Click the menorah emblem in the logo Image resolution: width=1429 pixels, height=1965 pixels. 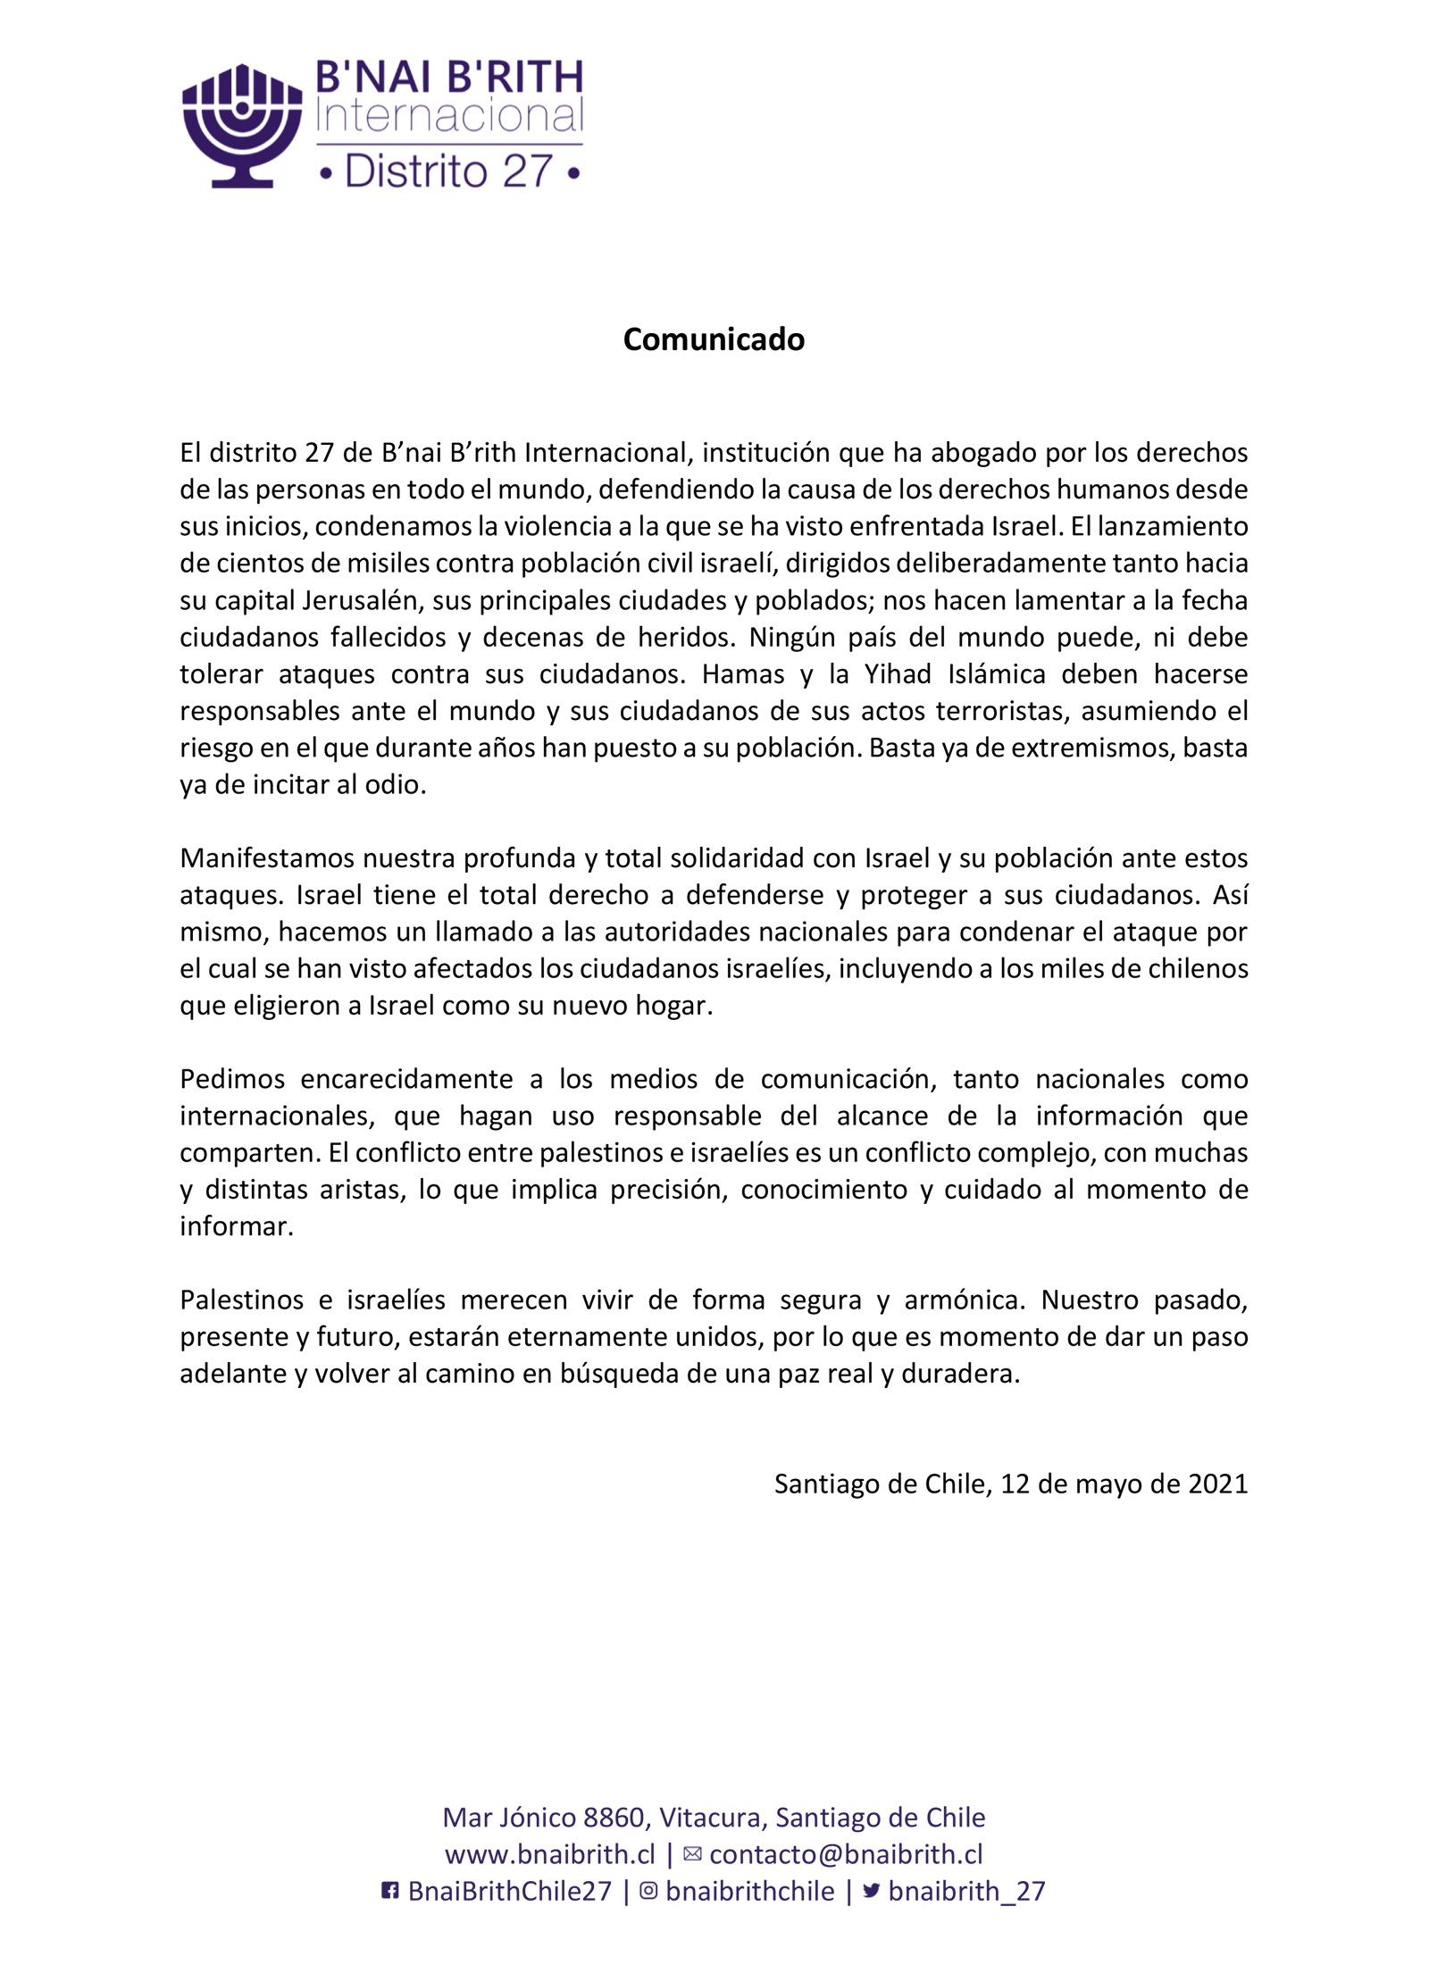pyautogui.click(x=242, y=125)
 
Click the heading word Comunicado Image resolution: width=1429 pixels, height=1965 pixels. pyautogui.click(x=714, y=339)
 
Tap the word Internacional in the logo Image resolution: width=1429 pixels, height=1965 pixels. pyautogui.click(x=450, y=117)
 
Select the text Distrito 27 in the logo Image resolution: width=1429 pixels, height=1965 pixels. pyautogui.click(x=449, y=171)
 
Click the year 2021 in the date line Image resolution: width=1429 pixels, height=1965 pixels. pyautogui.click(x=1217, y=1484)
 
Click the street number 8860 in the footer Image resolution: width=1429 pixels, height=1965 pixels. pyautogui.click(x=614, y=1818)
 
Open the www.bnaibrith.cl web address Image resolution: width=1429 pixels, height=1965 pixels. pyautogui.click(x=550, y=1854)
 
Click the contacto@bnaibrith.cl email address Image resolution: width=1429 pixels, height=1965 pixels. pyautogui.click(x=846, y=1854)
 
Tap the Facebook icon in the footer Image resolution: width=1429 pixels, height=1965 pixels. pyautogui.click(x=390, y=1891)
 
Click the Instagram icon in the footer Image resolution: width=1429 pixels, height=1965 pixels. pyautogui.click(x=649, y=1891)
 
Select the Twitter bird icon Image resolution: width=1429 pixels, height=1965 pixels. pyautogui.click(x=872, y=1891)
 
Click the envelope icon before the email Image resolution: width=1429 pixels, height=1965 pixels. pyautogui.click(x=692, y=1854)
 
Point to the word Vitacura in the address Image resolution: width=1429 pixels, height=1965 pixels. pyautogui.click(x=710, y=1818)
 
